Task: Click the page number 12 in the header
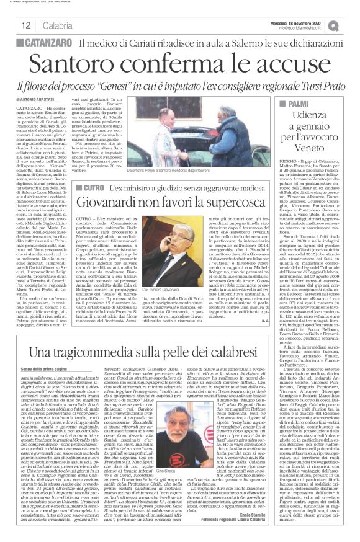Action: (25, 25)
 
